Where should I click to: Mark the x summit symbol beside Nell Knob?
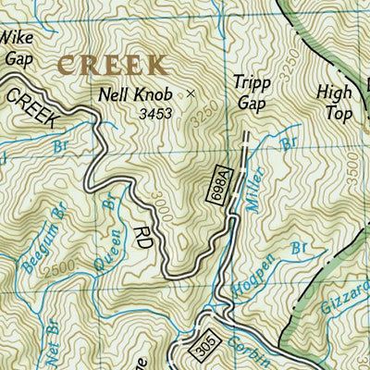[191, 93]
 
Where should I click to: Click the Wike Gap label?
[17, 46]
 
